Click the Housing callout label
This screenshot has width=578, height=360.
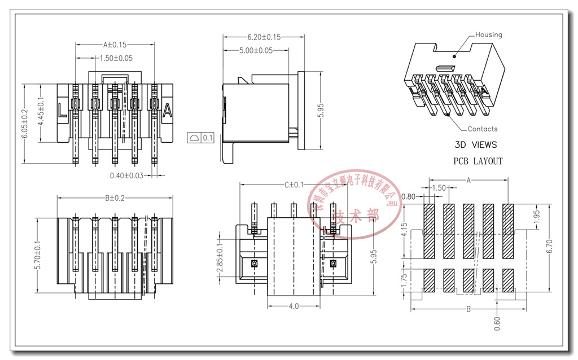pyautogui.click(x=488, y=34)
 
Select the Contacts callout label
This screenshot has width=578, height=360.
pyautogui.click(x=482, y=129)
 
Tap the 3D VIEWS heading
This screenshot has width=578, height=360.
pyautogui.click(x=476, y=145)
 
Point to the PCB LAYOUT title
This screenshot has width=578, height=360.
pyautogui.click(x=478, y=161)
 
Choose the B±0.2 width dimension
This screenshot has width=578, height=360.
pyautogui.click(x=115, y=198)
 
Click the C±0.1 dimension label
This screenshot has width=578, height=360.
pyautogui.click(x=294, y=185)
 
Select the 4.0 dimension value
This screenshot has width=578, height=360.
pyautogui.click(x=294, y=306)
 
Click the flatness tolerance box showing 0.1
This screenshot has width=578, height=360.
pyautogui.click(x=201, y=137)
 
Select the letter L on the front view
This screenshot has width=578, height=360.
pyautogui.click(x=63, y=111)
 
